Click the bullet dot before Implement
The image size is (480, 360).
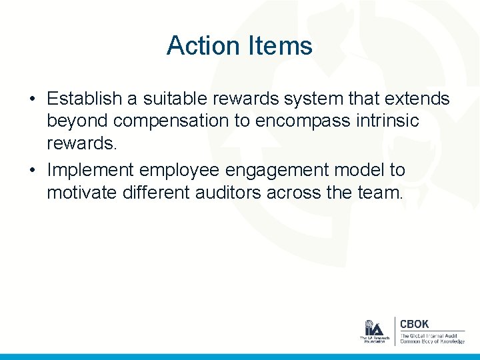pyautogui.click(x=31, y=171)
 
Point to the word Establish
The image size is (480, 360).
pyautogui.click(x=85, y=99)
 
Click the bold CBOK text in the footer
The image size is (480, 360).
pyautogui.click(x=414, y=324)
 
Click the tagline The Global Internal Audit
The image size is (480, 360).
pyautogui.click(x=429, y=335)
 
